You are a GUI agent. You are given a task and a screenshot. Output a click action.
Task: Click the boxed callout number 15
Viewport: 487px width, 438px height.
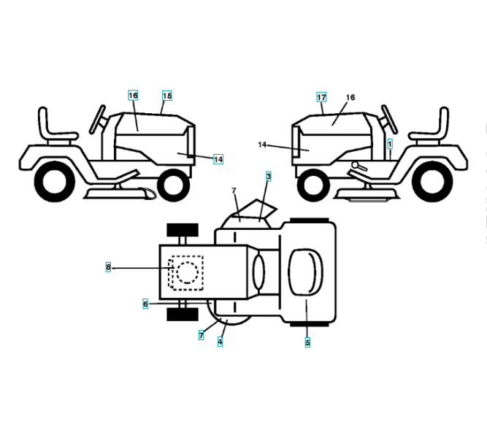[167, 96]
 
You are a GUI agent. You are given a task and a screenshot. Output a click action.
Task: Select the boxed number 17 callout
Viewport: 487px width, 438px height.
[321, 97]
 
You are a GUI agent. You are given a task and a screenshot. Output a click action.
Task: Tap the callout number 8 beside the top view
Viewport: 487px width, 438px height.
[108, 268]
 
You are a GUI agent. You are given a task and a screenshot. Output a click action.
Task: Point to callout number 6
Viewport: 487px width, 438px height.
[145, 303]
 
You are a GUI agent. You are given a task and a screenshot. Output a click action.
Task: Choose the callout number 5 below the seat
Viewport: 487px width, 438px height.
[307, 342]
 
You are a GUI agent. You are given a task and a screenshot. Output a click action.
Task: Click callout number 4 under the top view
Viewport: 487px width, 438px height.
[220, 342]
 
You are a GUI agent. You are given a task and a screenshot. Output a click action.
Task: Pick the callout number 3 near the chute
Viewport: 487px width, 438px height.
[269, 177]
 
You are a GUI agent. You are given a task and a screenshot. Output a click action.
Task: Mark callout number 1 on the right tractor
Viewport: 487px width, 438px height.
[390, 145]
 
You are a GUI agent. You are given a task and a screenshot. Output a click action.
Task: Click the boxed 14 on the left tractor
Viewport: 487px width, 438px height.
[218, 158]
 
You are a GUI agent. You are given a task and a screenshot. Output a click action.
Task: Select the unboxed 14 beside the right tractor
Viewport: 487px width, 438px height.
[262, 145]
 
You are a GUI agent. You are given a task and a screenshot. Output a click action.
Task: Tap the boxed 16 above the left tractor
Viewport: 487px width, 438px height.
[133, 96]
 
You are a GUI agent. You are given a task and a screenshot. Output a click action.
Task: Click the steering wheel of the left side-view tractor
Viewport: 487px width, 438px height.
[97, 119]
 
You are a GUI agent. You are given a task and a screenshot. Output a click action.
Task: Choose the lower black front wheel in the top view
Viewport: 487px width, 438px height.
[183, 314]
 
